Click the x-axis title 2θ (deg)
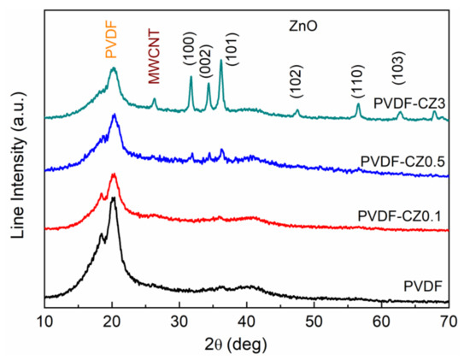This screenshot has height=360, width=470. pyautogui.click(x=247, y=345)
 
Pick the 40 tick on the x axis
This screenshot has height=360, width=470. pyautogui.click(x=247, y=320)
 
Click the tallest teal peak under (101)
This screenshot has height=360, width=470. pyautogui.click(x=221, y=61)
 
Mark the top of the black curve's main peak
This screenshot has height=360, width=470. pyautogui.click(x=113, y=200)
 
